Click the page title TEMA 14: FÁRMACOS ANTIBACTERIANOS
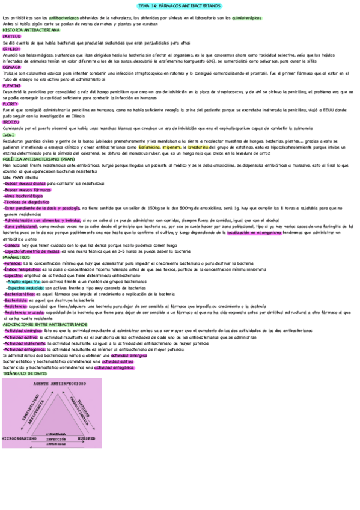point(180,6)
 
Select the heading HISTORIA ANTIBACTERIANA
point(31,30)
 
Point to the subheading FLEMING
point(13,85)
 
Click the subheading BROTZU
point(13,122)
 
